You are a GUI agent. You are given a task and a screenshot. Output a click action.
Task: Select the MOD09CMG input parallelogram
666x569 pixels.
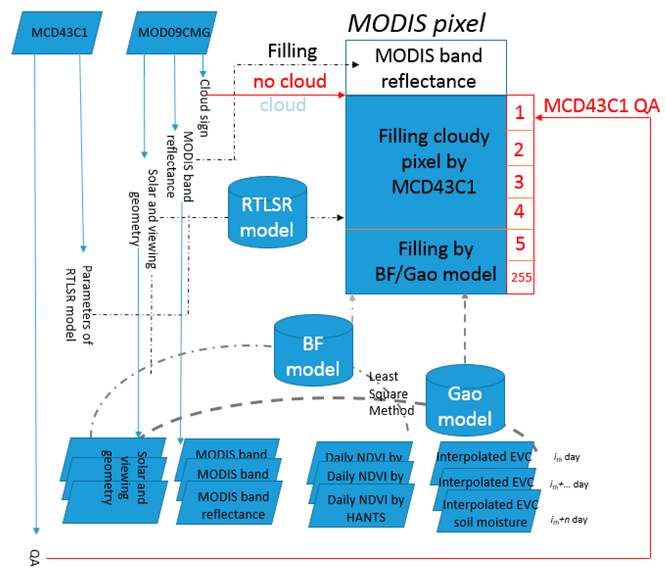point(172,33)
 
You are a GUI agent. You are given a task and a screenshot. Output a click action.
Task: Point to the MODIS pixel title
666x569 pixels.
point(417,23)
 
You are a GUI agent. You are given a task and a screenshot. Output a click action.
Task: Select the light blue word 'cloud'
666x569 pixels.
point(283,105)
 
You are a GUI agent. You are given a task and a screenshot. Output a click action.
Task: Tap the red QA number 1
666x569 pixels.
point(520,113)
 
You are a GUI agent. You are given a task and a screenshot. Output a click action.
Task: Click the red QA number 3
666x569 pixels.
point(519,182)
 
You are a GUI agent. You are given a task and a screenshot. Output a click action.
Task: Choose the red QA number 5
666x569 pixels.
point(520,244)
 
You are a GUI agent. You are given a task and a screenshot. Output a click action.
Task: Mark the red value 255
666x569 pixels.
point(521,277)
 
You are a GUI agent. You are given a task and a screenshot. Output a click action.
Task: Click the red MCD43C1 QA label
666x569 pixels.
point(601,106)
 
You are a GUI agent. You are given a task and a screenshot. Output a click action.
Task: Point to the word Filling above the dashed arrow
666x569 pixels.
point(292,51)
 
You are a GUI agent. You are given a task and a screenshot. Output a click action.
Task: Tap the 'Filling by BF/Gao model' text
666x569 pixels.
point(436,262)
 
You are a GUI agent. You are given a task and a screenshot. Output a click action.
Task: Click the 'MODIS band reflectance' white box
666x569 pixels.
point(426,68)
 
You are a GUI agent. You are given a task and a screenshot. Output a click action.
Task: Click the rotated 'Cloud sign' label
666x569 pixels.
point(204,108)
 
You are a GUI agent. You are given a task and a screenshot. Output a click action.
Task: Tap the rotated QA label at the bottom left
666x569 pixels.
point(34,558)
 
